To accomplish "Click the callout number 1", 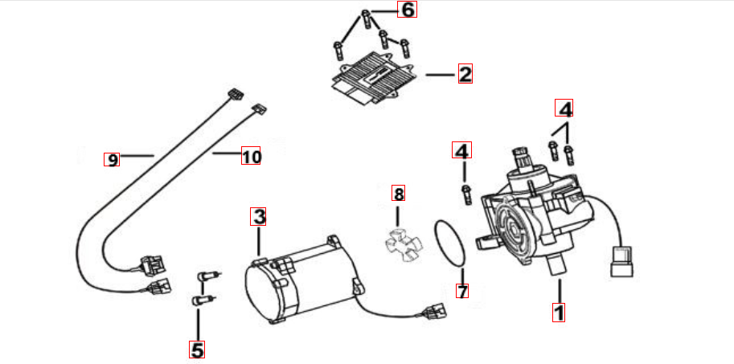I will [x=559, y=310].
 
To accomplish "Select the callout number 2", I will [x=465, y=75].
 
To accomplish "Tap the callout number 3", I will [x=258, y=216].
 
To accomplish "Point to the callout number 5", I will [x=197, y=350].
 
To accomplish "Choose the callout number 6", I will [x=408, y=10].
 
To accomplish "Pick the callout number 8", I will [x=398, y=193].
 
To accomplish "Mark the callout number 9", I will [x=113, y=159].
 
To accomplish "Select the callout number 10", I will [x=252, y=157].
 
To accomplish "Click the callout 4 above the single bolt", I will [x=462, y=150].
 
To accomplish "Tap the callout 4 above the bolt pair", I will [x=565, y=108].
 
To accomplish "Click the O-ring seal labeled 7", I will [x=453, y=243].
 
